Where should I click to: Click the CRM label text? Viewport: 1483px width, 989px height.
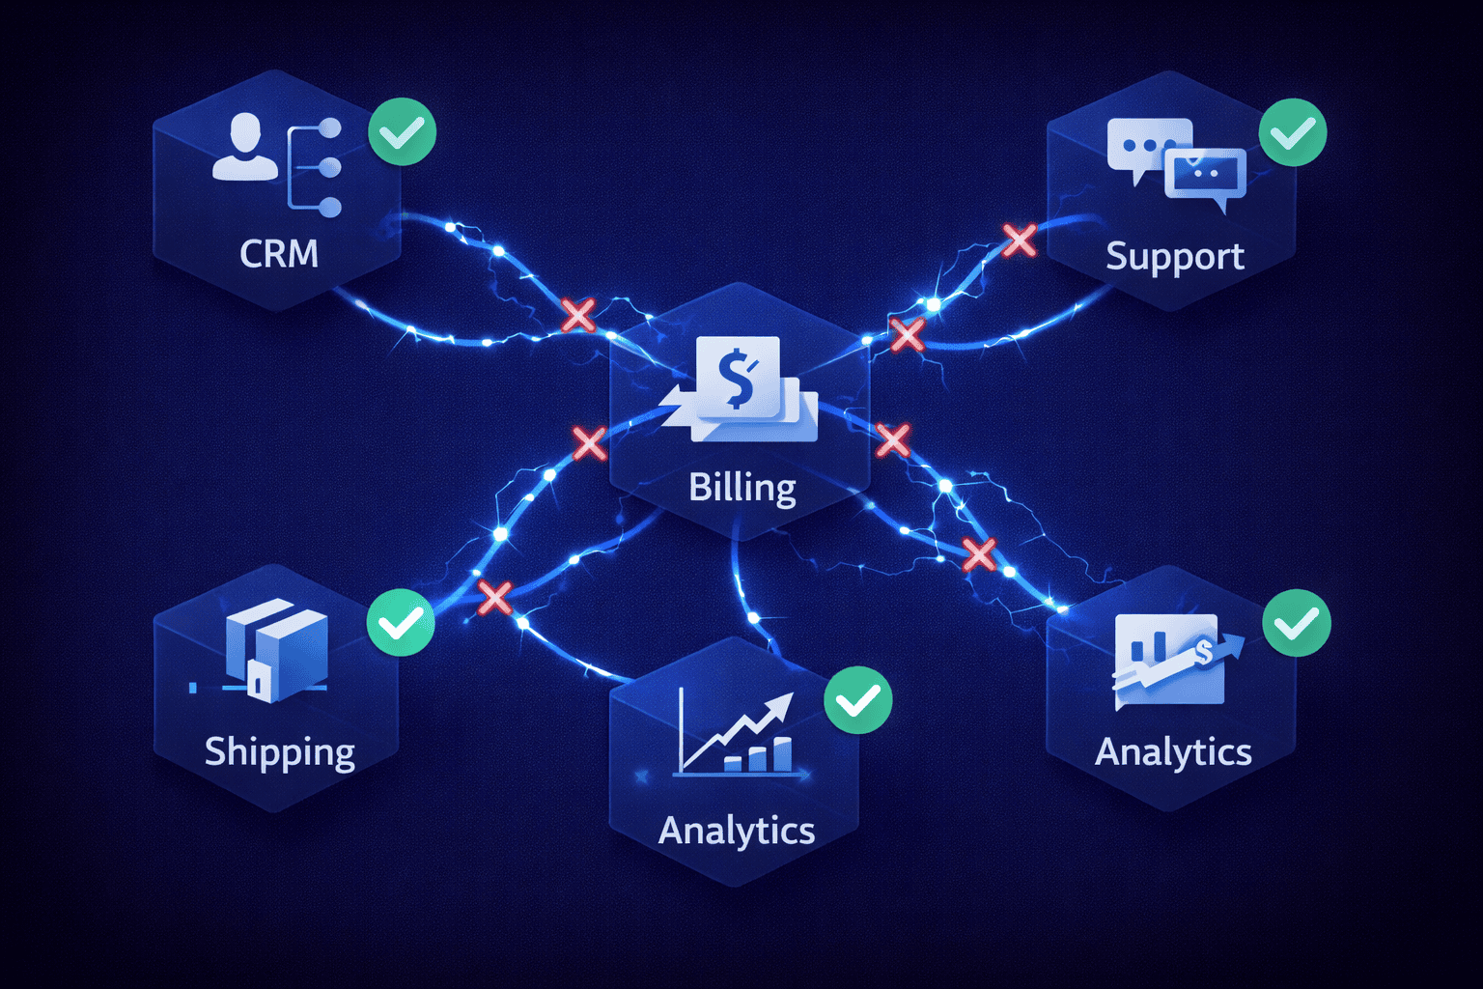coord(279,254)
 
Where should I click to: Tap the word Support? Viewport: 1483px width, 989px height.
coord(1174,258)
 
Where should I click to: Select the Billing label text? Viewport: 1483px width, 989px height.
coord(741,488)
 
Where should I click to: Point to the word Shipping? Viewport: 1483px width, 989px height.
coord(279,752)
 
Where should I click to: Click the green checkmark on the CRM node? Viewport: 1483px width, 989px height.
coord(402,131)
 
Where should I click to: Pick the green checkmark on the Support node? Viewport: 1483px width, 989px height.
coord(1293,132)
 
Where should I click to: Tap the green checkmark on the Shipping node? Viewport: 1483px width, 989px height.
coord(401,623)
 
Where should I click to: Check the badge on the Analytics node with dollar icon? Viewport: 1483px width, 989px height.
coord(1297,623)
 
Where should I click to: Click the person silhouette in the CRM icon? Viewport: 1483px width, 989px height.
coord(244,148)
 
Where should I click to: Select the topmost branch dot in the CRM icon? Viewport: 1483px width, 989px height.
coord(330,127)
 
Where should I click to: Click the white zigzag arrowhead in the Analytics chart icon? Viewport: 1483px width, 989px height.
coord(778,708)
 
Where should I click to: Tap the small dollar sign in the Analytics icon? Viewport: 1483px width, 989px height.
coord(1203,652)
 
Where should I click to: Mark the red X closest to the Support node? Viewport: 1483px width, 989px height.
coord(1019,240)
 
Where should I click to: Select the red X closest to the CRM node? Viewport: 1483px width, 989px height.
coord(578,315)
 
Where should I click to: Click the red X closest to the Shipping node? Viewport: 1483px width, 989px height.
coord(494,598)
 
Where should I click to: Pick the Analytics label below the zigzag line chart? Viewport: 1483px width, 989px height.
coord(737,831)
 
